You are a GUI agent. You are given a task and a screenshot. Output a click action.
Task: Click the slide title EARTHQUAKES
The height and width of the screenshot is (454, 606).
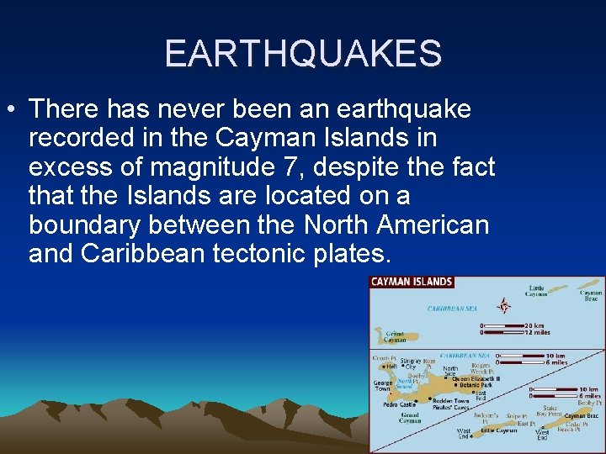303,53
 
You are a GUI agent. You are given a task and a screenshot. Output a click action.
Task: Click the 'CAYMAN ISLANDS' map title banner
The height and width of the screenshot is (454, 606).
412,282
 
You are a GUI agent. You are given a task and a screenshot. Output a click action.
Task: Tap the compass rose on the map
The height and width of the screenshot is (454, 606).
504,305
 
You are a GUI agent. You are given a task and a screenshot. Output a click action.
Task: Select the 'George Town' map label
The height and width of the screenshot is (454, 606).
383,386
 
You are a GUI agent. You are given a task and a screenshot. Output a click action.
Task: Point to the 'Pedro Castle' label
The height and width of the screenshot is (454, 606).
400,404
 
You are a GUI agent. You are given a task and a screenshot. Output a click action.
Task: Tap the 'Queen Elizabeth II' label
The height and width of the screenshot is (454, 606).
476,378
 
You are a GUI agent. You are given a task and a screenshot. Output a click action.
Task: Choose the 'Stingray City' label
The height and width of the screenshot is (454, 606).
412,364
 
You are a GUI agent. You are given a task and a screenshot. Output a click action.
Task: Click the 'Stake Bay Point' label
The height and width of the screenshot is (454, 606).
550,411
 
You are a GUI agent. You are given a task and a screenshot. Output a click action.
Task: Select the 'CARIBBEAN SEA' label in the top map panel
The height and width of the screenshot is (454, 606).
452,309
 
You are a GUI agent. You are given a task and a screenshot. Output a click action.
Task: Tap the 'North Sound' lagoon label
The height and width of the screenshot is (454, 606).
407,383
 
